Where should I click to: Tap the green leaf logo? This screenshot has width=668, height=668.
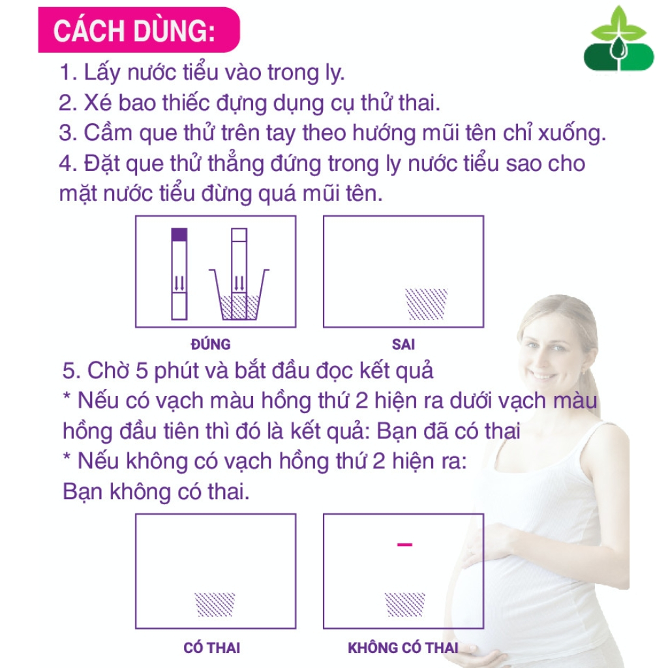point(618,41)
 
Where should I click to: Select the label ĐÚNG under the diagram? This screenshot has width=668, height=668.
point(210,344)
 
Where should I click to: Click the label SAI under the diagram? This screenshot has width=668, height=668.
point(404,344)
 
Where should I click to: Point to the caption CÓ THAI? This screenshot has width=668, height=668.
point(212,648)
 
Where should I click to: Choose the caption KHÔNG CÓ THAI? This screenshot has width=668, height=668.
point(402,648)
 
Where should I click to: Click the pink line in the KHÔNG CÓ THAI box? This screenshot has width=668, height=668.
point(404,544)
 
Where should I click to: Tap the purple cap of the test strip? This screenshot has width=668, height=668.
point(179,234)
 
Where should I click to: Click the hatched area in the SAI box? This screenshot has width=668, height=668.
point(427,304)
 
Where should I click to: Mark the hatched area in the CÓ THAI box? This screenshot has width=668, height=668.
point(215,605)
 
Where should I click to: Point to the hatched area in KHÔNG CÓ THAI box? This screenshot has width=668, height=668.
point(404,605)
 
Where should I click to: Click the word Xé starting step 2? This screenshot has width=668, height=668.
point(97,102)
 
